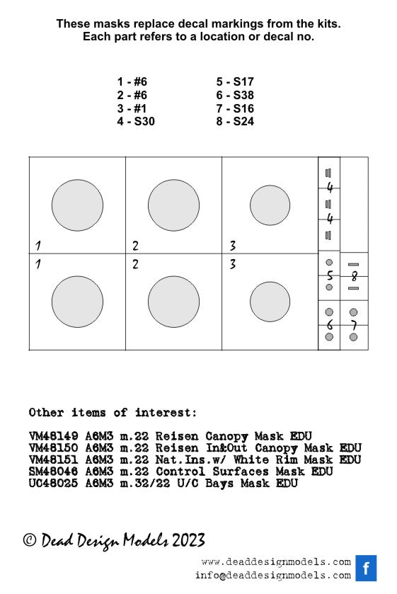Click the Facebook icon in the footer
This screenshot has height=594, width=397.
point(366,568)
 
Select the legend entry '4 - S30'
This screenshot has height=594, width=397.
point(136,122)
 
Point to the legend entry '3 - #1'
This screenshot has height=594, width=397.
point(132,109)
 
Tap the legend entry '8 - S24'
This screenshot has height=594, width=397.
point(235,122)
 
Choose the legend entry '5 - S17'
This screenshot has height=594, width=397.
point(235,82)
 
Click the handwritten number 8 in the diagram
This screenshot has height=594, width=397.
point(355,276)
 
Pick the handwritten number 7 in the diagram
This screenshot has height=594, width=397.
point(354,325)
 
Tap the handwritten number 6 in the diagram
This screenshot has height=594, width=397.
point(330,325)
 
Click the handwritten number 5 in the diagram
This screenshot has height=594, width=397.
point(330,276)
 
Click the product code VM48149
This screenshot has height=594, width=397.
point(53,436)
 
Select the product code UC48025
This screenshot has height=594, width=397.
point(53,484)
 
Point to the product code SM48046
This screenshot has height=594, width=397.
point(53,472)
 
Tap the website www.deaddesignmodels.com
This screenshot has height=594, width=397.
point(276,562)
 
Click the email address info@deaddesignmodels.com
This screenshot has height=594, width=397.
point(272,576)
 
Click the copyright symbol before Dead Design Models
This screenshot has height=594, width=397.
point(30,540)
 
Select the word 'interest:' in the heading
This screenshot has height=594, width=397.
point(166,413)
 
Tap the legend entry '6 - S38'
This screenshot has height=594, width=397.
point(235,95)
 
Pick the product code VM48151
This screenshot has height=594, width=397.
point(53,460)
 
